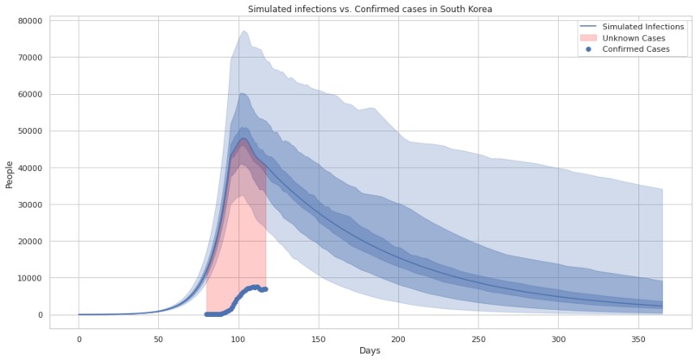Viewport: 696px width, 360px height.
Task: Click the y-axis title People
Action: (9, 173)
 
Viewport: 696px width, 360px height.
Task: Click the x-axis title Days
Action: (370, 351)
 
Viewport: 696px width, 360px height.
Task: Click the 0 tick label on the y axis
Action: (40, 315)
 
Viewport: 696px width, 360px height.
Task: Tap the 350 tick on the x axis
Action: (638, 338)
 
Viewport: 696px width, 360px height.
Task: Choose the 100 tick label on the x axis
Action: (238, 338)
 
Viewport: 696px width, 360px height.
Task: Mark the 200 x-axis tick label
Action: (398, 338)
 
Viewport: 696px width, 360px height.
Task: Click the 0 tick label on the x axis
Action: (79, 338)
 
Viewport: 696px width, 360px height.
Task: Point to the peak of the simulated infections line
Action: (244, 139)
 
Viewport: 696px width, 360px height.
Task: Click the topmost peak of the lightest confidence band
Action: (244, 31)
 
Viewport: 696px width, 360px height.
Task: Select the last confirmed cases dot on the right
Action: (265, 289)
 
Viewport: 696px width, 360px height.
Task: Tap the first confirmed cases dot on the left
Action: (206, 314)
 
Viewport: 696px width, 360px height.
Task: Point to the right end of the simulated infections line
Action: (662, 306)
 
